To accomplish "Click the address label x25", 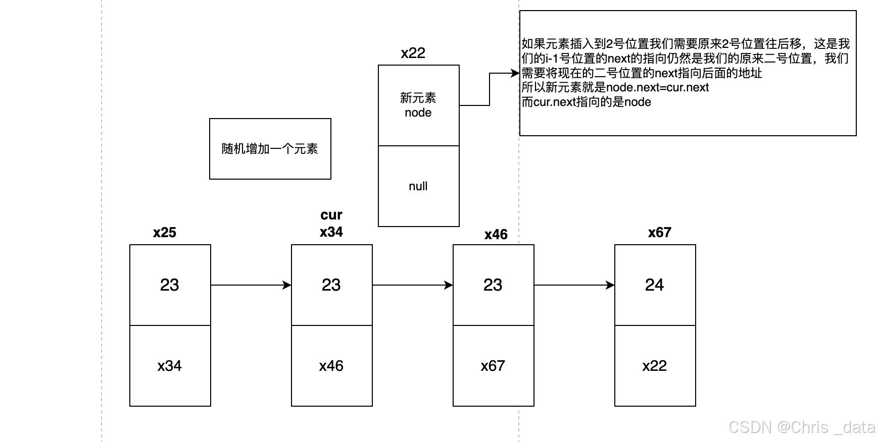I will (165, 233).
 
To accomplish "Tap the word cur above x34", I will (331, 215).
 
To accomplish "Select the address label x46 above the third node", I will (496, 235).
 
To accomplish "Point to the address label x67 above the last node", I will (659, 233).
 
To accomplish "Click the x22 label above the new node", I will (413, 53).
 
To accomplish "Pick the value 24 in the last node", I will (654, 285).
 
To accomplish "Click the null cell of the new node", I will (418, 186).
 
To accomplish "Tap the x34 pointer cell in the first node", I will (170, 366).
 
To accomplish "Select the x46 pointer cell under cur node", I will (331, 366).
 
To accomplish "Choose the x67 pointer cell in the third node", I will (493, 366).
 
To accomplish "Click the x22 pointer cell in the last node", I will (655, 366).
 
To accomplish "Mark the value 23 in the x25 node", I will (170, 285).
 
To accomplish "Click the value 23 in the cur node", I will (331, 285).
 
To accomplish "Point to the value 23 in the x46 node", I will (493, 285).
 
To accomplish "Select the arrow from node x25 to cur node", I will (251, 285).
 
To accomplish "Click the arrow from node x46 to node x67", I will (574, 285).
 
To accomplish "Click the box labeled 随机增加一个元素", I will (270, 149).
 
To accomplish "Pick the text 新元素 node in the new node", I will (418, 105).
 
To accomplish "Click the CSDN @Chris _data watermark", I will (802, 427).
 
